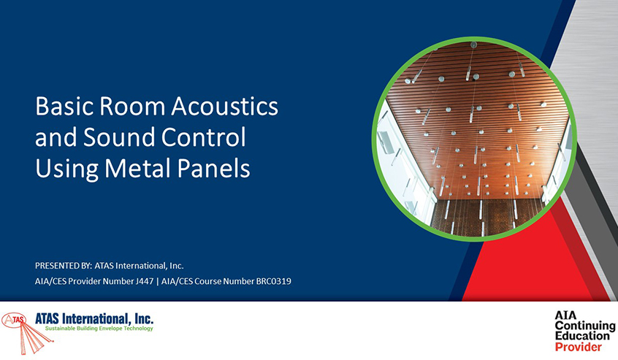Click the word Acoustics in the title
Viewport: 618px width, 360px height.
[225, 106]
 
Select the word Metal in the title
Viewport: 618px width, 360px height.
[137, 168]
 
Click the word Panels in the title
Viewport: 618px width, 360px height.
[213, 168]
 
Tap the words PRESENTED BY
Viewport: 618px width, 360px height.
[64, 266]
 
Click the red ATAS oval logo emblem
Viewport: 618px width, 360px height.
[14, 320]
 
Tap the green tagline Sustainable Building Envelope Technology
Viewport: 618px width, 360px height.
[99, 329]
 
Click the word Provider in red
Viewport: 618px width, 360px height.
[579, 347]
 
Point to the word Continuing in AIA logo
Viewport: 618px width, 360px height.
[585, 326]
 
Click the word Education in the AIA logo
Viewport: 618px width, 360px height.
[582, 336]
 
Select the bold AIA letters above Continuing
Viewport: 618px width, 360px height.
[565, 315]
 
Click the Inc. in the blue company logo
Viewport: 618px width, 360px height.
[143, 318]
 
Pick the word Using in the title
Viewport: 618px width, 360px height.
[67, 169]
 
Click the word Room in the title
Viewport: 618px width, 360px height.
[132, 106]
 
